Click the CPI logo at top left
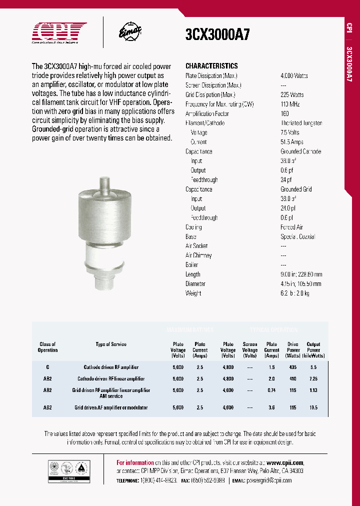[x=59, y=31]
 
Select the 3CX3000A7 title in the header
[x=217, y=34]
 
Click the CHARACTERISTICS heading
[x=211, y=66]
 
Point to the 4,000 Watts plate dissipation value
[x=294, y=75]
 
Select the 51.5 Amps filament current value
[x=292, y=142]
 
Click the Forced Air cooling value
[x=291, y=227]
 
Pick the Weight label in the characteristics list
[x=193, y=293]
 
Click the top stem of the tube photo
[x=104, y=185]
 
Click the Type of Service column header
[x=111, y=344]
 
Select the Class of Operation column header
[x=47, y=347]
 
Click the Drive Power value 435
[x=293, y=367]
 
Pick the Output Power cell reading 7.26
[x=313, y=378]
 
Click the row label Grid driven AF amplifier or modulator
[x=111, y=407]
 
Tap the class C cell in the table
[x=47, y=367]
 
